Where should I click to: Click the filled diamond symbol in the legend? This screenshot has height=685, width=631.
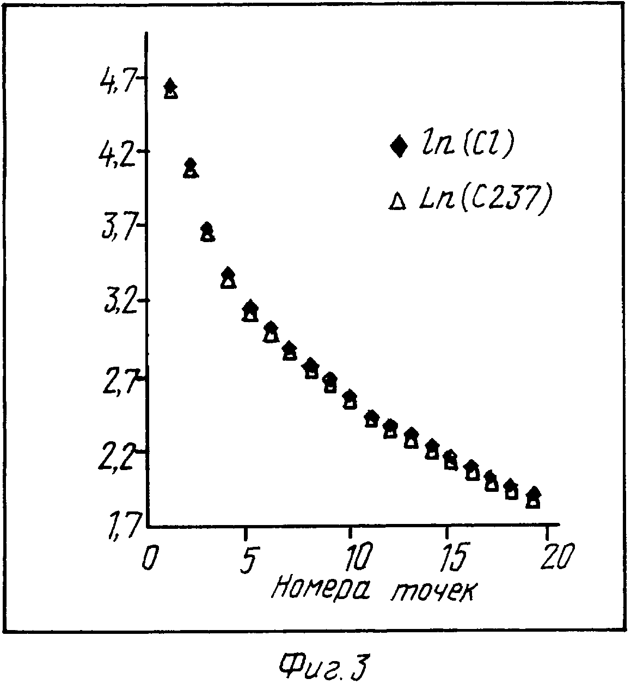coord(399,146)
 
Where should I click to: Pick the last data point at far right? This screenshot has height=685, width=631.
coord(534,497)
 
